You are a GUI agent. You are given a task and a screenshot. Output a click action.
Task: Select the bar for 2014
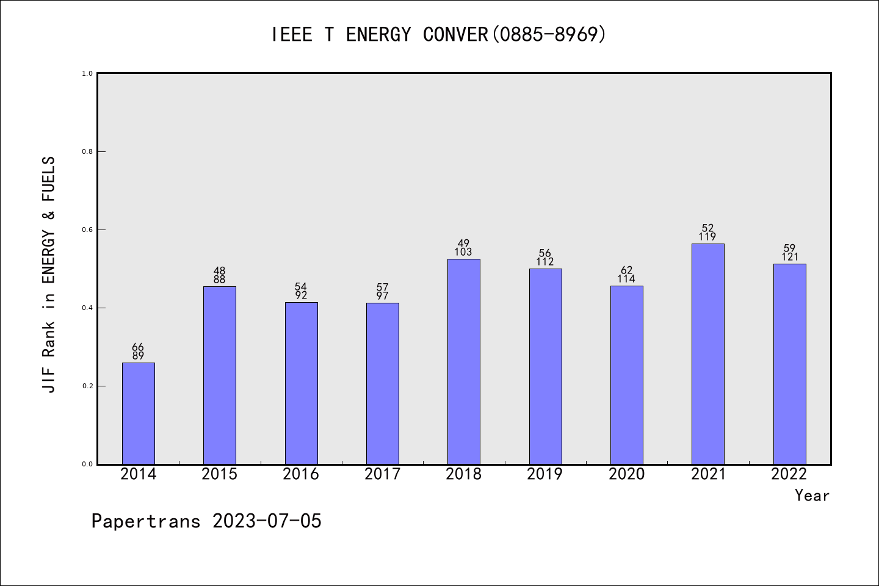pos(139,413)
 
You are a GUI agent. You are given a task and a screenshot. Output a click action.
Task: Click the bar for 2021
pos(708,354)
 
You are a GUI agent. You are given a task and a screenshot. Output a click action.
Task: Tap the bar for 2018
pos(464,361)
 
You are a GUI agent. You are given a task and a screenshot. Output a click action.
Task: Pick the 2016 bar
pos(301,383)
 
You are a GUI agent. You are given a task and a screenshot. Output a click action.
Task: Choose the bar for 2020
pos(626,375)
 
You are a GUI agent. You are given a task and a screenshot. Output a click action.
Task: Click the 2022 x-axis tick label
pos(789,474)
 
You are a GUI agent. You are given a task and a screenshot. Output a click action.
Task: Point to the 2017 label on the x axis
pos(382,474)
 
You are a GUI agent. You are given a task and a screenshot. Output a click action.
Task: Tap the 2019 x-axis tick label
pos(545,474)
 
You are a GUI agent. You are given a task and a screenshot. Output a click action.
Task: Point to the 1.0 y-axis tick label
pos(87,74)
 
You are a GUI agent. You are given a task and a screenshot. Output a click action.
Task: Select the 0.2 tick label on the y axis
pos(87,386)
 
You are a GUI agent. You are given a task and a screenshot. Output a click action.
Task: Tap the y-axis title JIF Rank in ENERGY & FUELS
pos(49,275)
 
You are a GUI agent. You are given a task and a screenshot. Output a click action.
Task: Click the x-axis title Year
pos(812,496)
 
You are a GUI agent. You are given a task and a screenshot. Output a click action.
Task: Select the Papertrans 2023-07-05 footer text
pos(206,521)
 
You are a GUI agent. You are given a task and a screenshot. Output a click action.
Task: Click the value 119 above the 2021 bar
pos(707,237)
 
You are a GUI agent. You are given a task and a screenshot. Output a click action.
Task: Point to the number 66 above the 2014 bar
pos(138,347)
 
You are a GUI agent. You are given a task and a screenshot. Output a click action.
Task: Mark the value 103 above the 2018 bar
pos(463,252)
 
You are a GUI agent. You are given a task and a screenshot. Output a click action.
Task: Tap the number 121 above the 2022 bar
pos(789,257)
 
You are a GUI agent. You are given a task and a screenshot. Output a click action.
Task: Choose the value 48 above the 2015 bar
pos(219,271)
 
